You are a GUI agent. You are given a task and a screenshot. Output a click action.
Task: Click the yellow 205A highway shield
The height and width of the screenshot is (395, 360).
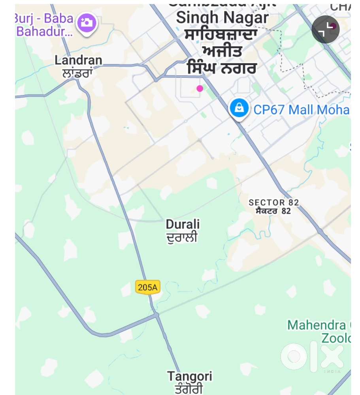click(x=148, y=287)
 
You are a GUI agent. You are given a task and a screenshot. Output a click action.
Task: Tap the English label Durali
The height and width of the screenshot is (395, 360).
click(x=183, y=225)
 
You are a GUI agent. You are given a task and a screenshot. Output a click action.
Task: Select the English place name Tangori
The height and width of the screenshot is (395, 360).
click(x=189, y=376)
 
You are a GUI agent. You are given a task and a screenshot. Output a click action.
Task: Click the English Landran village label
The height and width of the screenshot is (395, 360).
click(x=78, y=60)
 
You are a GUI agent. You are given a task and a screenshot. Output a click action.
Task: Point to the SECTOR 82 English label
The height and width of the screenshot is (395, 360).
click(x=273, y=203)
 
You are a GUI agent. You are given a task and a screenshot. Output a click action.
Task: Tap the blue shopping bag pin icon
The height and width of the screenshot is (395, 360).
click(x=239, y=108)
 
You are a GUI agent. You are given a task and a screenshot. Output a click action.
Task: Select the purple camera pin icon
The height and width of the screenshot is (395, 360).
click(x=87, y=22)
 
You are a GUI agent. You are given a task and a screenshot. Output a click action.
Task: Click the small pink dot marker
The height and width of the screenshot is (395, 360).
click(x=200, y=88)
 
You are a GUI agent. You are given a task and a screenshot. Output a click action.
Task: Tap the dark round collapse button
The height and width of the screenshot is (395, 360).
click(x=326, y=30)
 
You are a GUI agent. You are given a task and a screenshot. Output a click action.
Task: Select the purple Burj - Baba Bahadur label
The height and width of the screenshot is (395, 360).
click(x=45, y=25)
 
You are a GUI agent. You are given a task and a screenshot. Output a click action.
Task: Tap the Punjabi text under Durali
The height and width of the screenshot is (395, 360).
click(x=182, y=237)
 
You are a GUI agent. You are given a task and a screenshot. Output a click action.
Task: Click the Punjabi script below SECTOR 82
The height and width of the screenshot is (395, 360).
click(x=273, y=211)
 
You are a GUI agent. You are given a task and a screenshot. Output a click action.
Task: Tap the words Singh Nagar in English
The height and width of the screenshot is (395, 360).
click(x=222, y=18)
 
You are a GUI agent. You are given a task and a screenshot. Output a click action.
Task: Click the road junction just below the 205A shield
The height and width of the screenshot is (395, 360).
click(x=156, y=315)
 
